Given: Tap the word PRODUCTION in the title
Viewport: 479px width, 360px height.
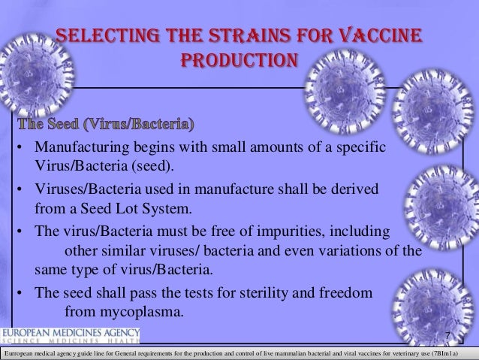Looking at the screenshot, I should (239, 59).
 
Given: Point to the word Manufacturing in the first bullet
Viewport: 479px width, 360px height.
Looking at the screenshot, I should (83, 145).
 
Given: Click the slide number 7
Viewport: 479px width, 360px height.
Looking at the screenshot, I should (447, 335).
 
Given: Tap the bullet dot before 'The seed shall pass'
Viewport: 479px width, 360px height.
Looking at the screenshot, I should (24, 292).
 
